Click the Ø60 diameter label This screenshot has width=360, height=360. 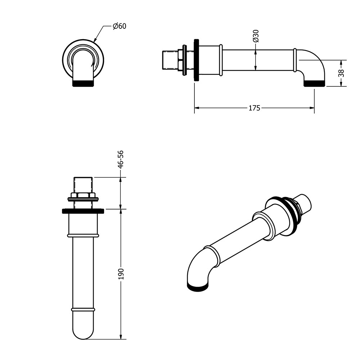click(120, 26)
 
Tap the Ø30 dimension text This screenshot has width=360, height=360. click(256, 36)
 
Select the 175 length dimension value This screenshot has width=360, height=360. click(255, 108)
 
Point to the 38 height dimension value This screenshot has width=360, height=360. click(341, 73)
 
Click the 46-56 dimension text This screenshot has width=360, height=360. click(121, 159)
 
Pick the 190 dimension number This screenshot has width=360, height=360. click(121, 274)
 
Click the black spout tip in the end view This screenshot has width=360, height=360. click(83, 83)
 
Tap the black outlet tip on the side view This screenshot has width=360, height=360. click(314, 84)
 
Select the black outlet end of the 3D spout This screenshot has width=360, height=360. click(198, 287)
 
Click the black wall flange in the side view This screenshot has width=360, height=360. click(197, 60)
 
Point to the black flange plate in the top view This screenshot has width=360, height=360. click(83, 211)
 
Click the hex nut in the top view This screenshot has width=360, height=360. click(83, 195)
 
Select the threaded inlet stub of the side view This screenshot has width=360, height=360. click(170, 60)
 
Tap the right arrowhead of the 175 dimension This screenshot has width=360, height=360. click(312, 108)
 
